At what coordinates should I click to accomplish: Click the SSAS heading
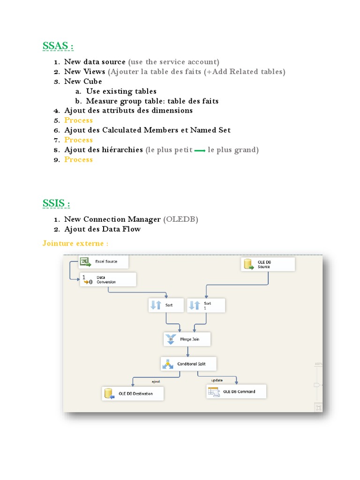point(58,46)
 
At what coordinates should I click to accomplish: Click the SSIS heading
point(56,203)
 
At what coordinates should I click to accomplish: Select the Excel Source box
point(104,262)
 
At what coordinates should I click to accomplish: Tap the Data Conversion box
point(108,279)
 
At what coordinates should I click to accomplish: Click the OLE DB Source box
point(268,264)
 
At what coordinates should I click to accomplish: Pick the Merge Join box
point(187,339)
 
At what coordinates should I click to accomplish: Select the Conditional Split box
point(188,364)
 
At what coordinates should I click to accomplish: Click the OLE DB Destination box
point(133,393)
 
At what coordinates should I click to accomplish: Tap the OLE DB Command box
point(236,391)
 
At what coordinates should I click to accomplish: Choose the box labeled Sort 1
point(206,306)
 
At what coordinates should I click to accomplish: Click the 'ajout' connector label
point(156,382)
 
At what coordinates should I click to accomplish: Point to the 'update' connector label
point(217,380)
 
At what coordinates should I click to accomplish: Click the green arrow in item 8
point(200,150)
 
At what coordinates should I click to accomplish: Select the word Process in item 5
point(78,120)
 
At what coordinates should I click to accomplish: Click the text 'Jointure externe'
point(73,243)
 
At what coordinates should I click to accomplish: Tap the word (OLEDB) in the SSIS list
point(180,219)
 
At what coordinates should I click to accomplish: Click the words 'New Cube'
point(83,82)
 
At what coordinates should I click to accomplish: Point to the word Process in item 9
point(78,159)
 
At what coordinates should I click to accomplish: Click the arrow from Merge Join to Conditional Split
point(187,352)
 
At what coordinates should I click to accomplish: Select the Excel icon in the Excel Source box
point(85,262)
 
